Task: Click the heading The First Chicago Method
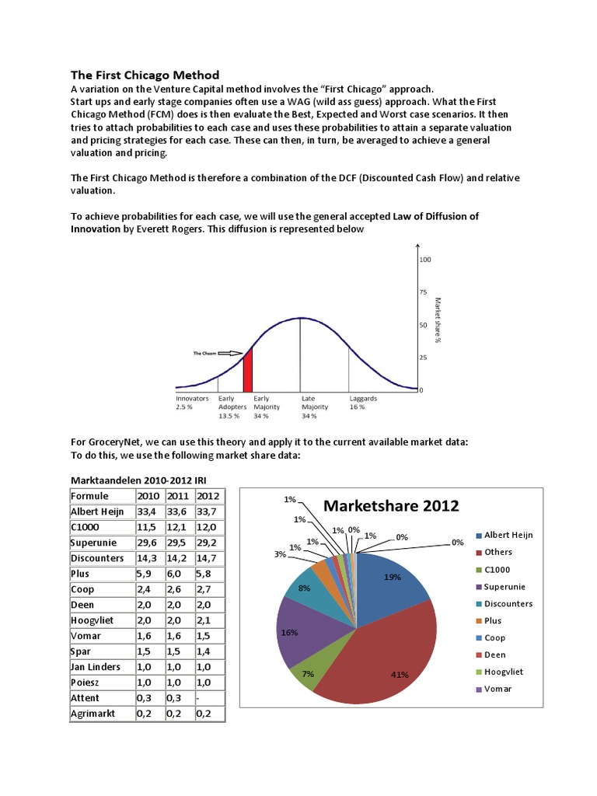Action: click(x=145, y=75)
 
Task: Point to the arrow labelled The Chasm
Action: click(x=229, y=353)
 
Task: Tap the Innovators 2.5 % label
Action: click(x=193, y=402)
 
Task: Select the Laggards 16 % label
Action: click(x=363, y=402)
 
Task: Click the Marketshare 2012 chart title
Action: click(x=390, y=505)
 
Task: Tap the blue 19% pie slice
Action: click(x=390, y=579)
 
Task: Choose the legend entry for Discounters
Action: click(x=507, y=603)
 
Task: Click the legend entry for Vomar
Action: click(x=497, y=689)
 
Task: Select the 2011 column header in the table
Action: click(x=179, y=496)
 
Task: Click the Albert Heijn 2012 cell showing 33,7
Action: click(x=207, y=511)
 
